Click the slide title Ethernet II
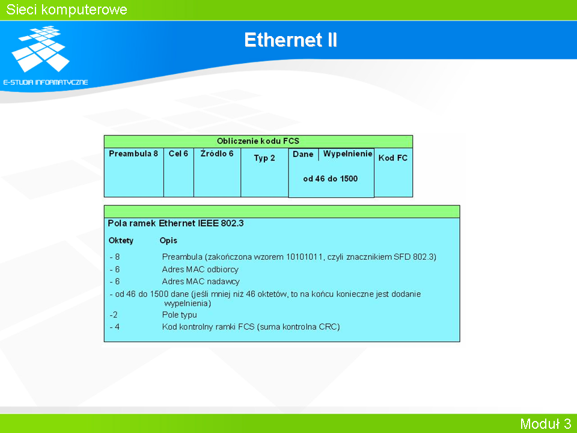pyautogui.click(x=291, y=40)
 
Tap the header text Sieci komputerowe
pyautogui.click(x=67, y=10)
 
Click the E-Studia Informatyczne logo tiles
pyautogui.click(x=40, y=49)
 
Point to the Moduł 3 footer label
pyautogui.click(x=545, y=423)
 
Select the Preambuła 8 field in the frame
pyautogui.click(x=133, y=153)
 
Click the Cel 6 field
pyautogui.click(x=178, y=153)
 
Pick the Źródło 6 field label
pyautogui.click(x=217, y=153)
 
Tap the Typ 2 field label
pyautogui.click(x=264, y=158)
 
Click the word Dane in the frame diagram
pyautogui.click(x=303, y=154)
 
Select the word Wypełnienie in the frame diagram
pyautogui.click(x=348, y=153)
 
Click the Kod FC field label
pyautogui.click(x=393, y=158)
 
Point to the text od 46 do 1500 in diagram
pyautogui.click(x=331, y=179)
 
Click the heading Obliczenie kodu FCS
pyautogui.click(x=258, y=141)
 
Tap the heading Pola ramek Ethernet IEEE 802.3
pyautogui.click(x=176, y=223)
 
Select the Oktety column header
pyautogui.click(x=121, y=241)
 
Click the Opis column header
pyautogui.click(x=168, y=241)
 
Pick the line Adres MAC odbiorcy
pyautogui.click(x=200, y=269)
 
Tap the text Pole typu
pyautogui.click(x=179, y=315)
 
